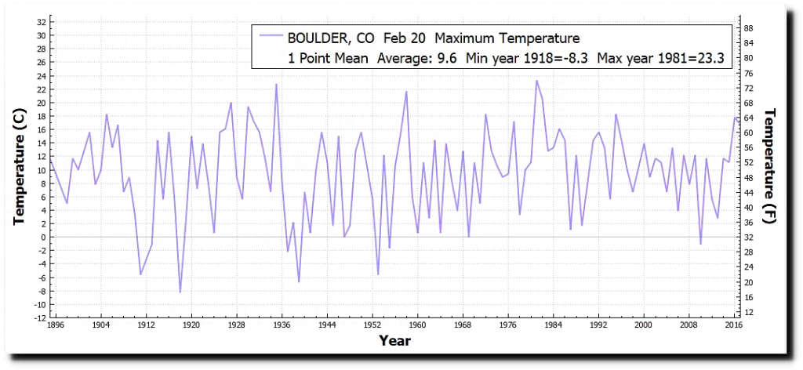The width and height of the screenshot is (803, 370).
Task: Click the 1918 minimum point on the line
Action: tap(180, 292)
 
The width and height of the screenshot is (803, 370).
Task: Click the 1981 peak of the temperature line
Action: tap(536, 81)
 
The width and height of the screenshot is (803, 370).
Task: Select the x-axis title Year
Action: tap(394, 341)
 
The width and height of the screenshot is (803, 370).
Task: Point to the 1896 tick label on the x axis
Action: tap(56, 324)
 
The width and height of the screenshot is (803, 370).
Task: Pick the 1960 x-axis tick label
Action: tap(417, 324)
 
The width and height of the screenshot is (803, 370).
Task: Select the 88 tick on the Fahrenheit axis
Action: tap(748, 28)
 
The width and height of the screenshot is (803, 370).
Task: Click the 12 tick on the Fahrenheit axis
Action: tap(748, 313)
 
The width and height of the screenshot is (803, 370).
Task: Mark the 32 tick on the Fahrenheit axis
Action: tap(748, 238)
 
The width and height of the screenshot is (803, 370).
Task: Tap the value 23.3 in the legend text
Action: tap(709, 57)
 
